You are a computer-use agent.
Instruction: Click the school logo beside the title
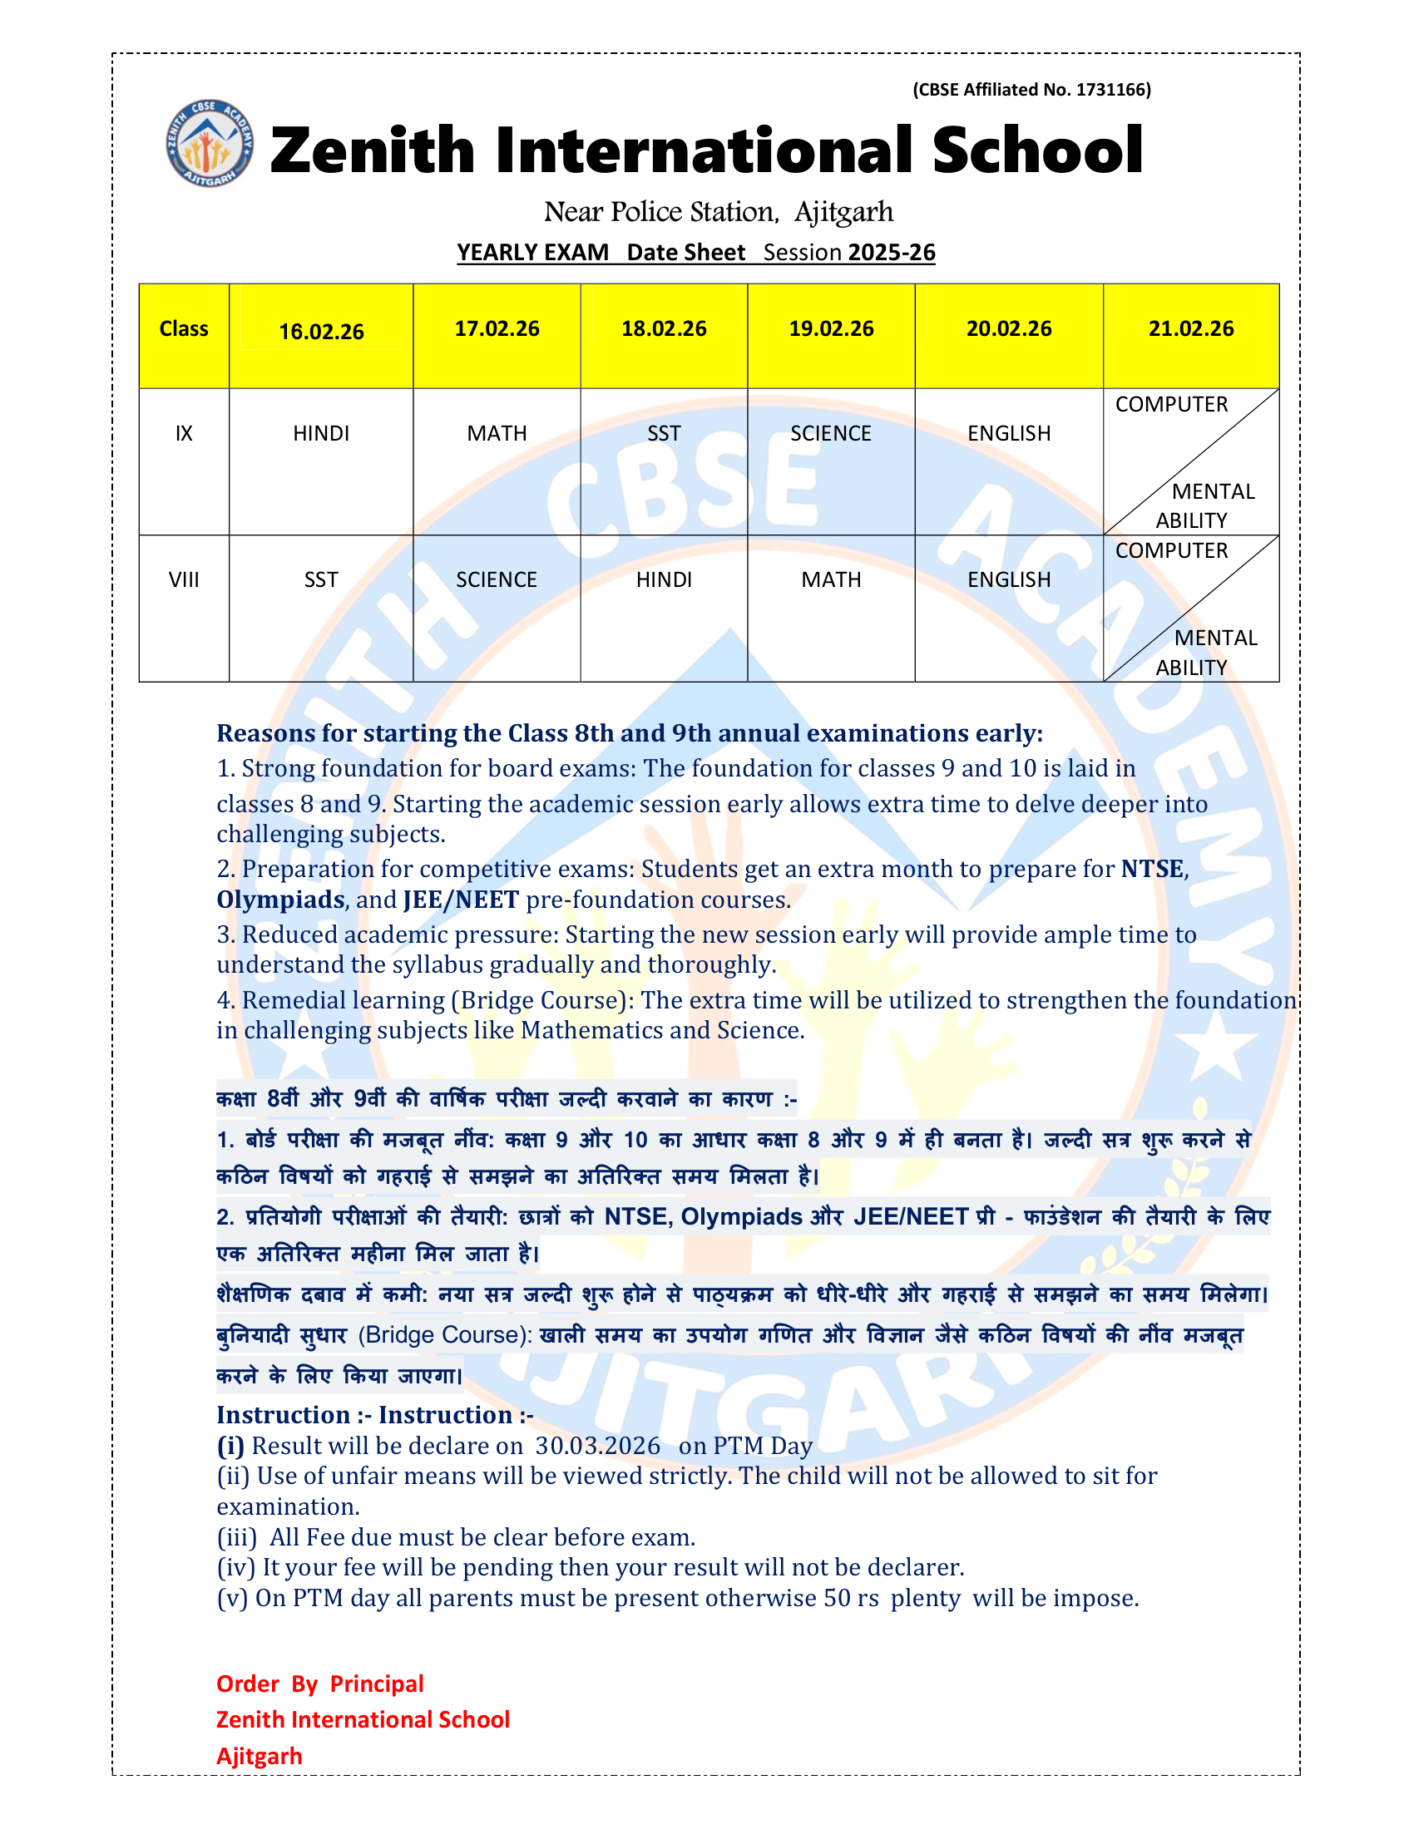tap(210, 144)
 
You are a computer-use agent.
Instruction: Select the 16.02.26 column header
tap(321, 332)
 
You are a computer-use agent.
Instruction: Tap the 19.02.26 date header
tap(830, 328)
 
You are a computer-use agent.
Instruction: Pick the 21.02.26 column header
tap(1190, 328)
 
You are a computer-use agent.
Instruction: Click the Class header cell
tap(184, 328)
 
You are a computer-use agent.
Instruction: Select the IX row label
tap(184, 433)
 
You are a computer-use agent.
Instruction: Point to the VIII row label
tap(184, 579)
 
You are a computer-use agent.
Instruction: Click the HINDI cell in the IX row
tap(321, 433)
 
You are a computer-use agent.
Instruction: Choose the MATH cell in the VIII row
tap(830, 579)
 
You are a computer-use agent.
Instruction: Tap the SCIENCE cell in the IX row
tap(830, 433)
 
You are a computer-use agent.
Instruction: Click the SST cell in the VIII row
tap(321, 579)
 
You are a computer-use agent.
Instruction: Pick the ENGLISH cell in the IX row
tap(1009, 433)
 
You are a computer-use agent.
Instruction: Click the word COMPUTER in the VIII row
tap(1171, 550)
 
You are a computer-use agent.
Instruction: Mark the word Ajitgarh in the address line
tap(843, 212)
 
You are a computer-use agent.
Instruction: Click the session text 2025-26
tap(892, 252)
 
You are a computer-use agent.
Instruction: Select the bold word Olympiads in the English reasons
tap(280, 900)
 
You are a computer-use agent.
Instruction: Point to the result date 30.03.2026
tap(597, 1446)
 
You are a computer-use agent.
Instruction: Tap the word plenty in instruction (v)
tap(925, 1598)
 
